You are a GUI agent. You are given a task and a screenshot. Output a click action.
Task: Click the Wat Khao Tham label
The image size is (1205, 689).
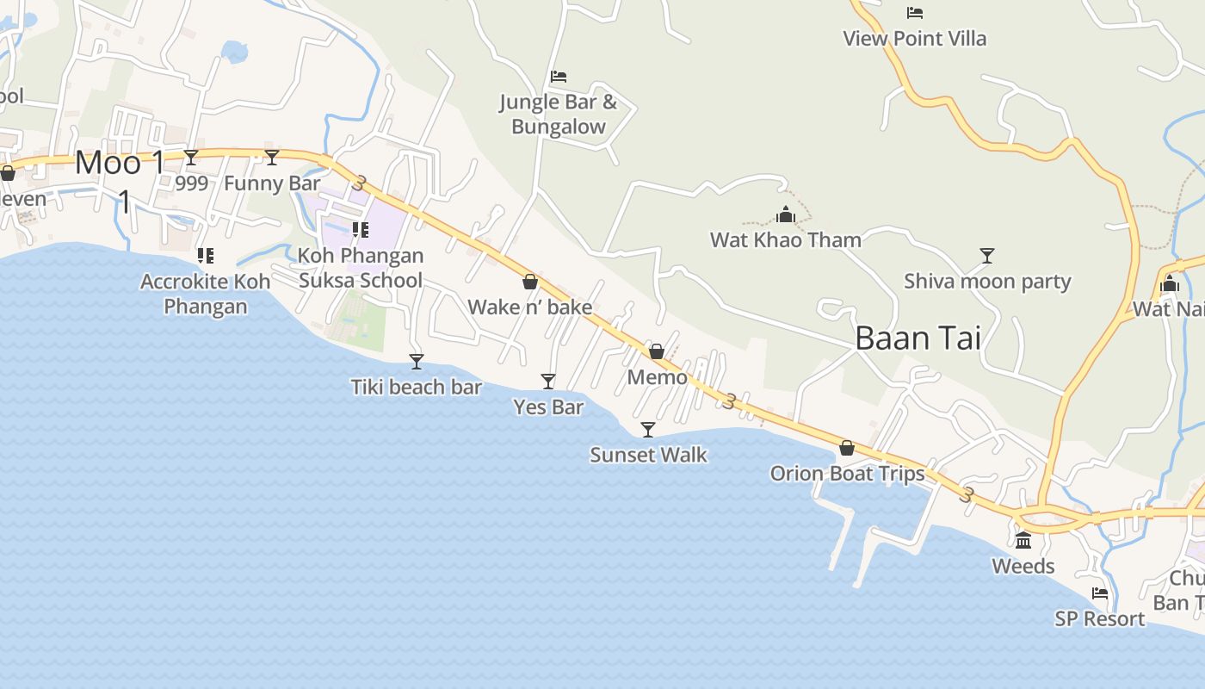(x=785, y=239)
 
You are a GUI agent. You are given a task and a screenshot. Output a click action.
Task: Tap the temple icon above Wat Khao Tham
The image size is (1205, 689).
(x=785, y=215)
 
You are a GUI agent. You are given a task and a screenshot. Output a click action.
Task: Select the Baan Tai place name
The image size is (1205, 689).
(x=918, y=338)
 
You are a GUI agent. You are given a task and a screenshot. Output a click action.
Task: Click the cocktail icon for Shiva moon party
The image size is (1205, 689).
(x=987, y=256)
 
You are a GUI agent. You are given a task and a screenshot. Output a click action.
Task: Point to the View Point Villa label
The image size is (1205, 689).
(x=914, y=39)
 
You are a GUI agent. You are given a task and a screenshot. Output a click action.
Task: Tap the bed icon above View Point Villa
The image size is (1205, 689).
(x=915, y=13)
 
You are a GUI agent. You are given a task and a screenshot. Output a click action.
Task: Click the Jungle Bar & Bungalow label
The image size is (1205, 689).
(x=559, y=115)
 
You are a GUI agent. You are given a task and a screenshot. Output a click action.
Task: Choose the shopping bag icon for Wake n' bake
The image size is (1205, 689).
(x=530, y=282)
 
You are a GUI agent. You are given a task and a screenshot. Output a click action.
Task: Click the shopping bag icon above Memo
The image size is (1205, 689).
(x=657, y=351)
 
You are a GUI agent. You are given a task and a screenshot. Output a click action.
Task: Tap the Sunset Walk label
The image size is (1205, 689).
(x=648, y=455)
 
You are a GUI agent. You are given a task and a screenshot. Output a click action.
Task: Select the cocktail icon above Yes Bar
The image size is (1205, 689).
(x=547, y=381)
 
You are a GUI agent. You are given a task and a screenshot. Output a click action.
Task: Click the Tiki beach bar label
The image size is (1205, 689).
(x=417, y=387)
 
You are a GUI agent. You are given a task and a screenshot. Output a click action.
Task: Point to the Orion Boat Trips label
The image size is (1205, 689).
(x=847, y=474)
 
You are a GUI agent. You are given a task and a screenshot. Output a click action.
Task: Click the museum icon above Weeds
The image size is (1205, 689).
(x=1023, y=541)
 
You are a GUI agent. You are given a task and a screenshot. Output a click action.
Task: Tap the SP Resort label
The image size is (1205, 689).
(x=1100, y=618)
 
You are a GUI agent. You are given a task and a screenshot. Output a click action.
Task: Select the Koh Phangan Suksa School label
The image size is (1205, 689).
(x=361, y=268)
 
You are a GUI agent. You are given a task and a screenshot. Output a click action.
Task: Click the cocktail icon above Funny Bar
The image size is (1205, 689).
(x=272, y=158)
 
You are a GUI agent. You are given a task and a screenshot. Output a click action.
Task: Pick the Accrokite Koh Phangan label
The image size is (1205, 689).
(x=206, y=294)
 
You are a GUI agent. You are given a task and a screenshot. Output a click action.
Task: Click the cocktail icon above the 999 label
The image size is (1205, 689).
(x=191, y=158)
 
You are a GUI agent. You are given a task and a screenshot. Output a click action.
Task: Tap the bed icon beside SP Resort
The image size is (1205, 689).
(x=1100, y=593)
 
